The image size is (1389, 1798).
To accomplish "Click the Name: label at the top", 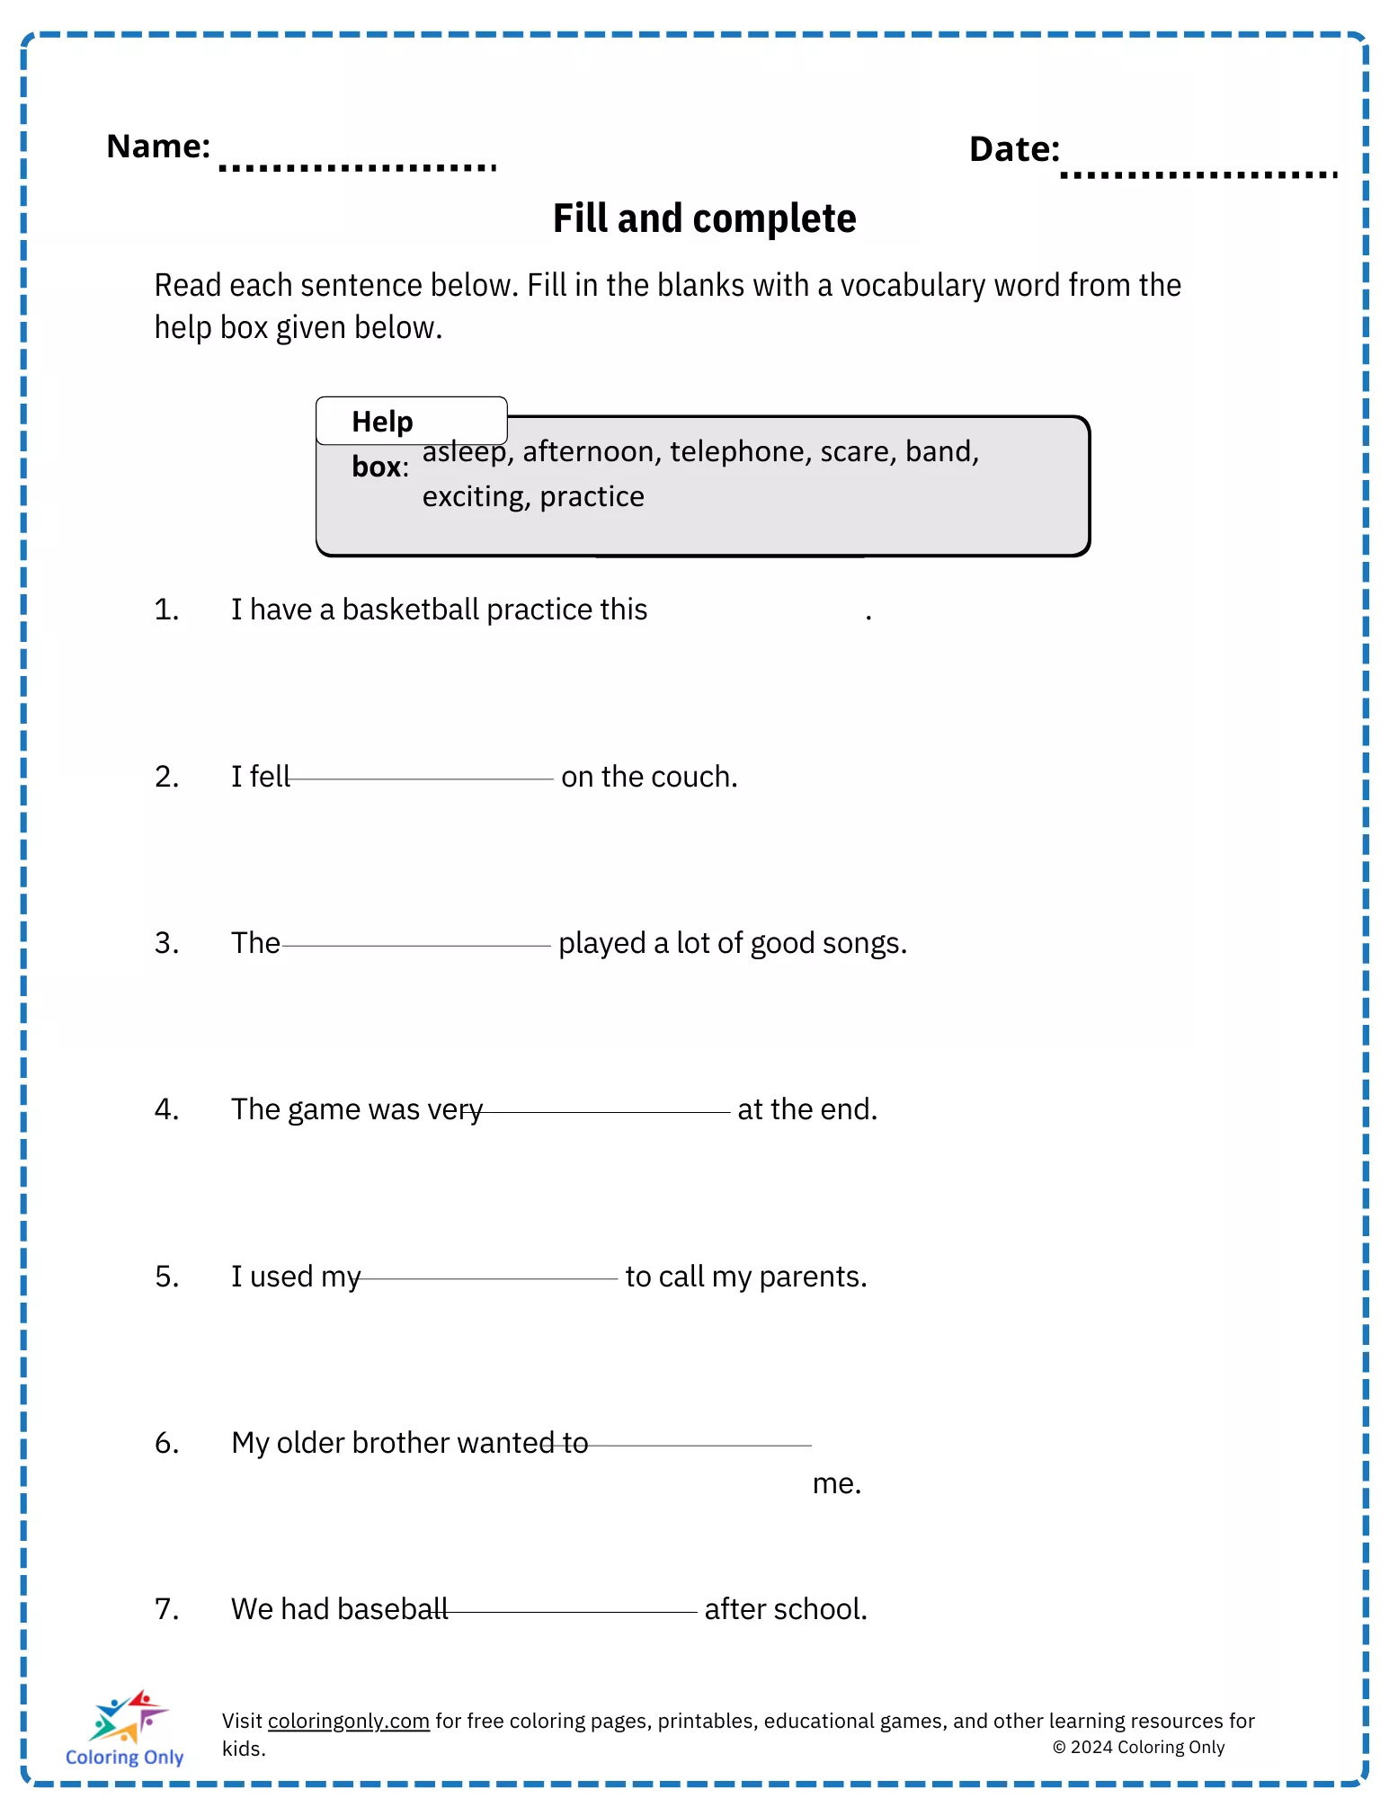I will [158, 147].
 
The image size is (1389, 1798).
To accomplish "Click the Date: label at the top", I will [1014, 150].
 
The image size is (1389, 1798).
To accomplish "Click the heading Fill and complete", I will [704, 218].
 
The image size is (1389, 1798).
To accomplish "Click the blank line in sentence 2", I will [421, 779].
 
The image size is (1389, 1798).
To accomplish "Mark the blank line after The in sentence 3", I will [415, 946].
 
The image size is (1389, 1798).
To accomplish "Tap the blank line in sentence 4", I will [605, 1112].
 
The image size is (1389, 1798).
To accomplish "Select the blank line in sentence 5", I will [488, 1278].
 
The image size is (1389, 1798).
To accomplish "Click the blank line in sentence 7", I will [572, 1612].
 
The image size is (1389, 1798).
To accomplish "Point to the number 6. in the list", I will [167, 1443].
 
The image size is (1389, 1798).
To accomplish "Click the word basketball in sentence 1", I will [410, 610].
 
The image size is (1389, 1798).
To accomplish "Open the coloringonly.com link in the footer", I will [348, 1721].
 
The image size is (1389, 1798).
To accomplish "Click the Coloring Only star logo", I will [127, 1716].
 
